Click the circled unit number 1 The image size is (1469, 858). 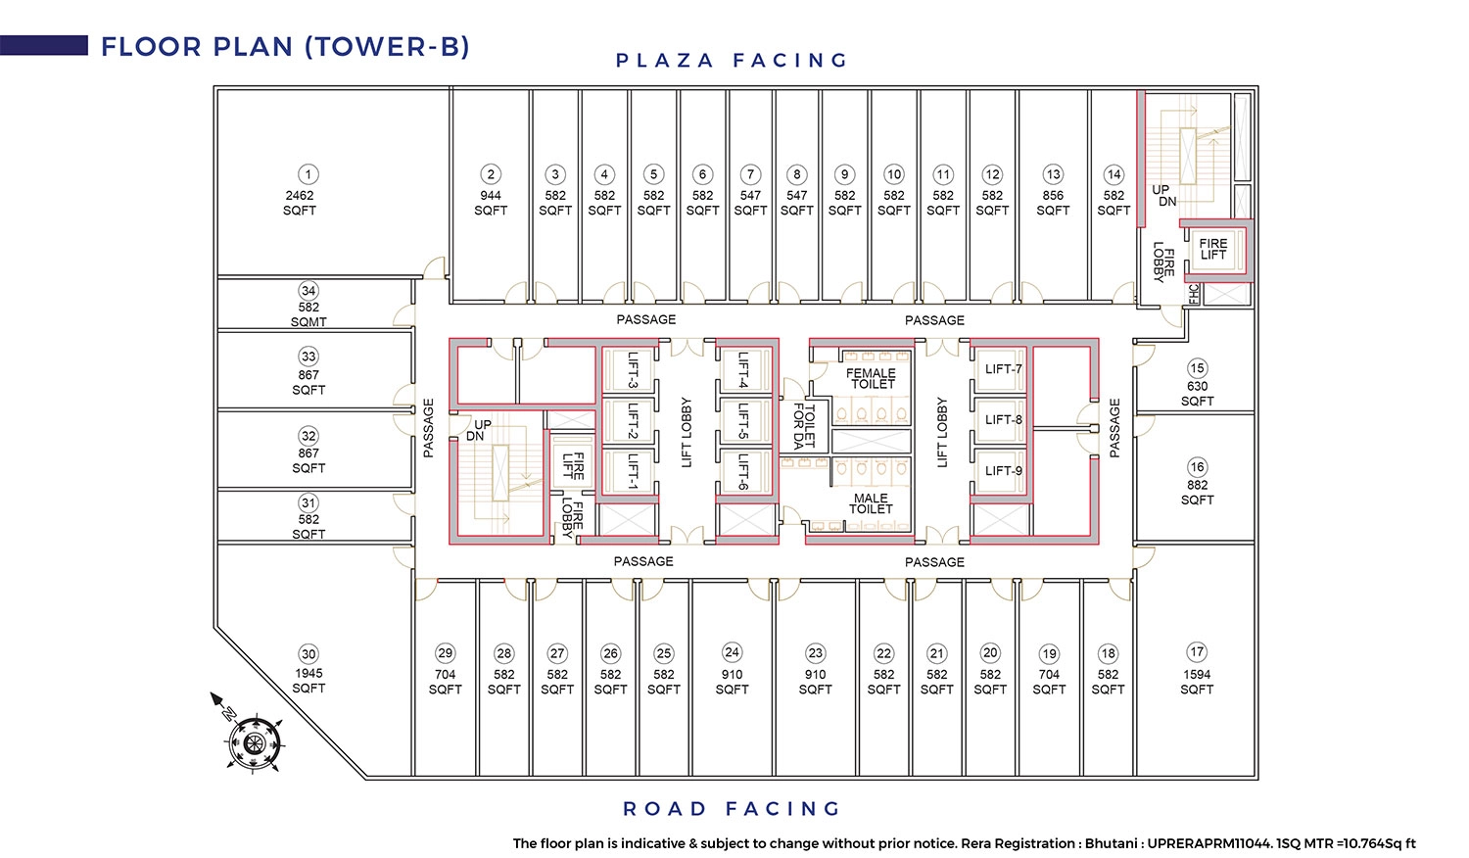click(308, 174)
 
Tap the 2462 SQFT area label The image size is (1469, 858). click(300, 203)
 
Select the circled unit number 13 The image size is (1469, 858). click(1053, 174)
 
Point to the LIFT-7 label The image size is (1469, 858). click(1004, 369)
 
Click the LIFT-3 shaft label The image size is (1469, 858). click(633, 369)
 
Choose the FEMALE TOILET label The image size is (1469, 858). click(871, 378)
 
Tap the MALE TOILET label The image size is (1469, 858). click(871, 503)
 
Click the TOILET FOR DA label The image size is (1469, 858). click(803, 426)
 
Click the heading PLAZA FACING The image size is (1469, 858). click(732, 61)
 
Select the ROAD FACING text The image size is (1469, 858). click(732, 809)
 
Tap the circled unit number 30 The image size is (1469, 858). click(308, 654)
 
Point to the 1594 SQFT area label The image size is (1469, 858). click(1197, 682)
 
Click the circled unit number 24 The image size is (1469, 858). click(732, 652)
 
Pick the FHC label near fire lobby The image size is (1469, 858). click(1194, 293)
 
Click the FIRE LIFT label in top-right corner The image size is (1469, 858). click(1213, 249)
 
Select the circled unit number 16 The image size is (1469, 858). click(1197, 467)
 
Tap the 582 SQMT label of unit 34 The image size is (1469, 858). click(308, 314)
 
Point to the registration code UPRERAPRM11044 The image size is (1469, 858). click(1208, 843)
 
